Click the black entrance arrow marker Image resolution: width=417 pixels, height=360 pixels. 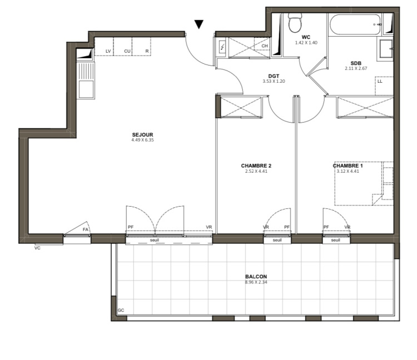[x=198, y=24]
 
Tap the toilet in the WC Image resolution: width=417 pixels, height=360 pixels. [x=295, y=23]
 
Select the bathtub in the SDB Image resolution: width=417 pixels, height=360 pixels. [x=355, y=24]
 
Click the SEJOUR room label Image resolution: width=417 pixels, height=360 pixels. [x=142, y=134]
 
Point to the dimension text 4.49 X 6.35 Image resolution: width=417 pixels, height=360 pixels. [x=142, y=140]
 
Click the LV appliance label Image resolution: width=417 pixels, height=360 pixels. [x=108, y=51]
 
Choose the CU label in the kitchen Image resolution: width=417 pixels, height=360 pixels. [x=127, y=51]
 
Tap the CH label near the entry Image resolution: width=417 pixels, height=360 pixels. [x=264, y=46]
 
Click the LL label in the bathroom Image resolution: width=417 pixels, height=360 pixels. [x=380, y=81]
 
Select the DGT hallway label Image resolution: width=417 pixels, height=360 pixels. [x=274, y=76]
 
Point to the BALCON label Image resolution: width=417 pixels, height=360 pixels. [x=256, y=277]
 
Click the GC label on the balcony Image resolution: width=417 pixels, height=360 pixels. [x=121, y=310]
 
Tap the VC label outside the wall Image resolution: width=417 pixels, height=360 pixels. [x=37, y=248]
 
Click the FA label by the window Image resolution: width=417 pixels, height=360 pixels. [x=85, y=229]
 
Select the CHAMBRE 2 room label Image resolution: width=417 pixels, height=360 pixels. [x=256, y=166]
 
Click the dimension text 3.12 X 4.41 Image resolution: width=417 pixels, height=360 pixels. [x=348, y=171]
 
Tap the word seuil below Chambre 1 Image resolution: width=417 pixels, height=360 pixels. [x=335, y=240]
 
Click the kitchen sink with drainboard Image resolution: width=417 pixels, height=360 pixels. [x=86, y=80]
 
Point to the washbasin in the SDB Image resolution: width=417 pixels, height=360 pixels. [x=386, y=48]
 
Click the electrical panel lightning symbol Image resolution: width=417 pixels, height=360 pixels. [x=222, y=47]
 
